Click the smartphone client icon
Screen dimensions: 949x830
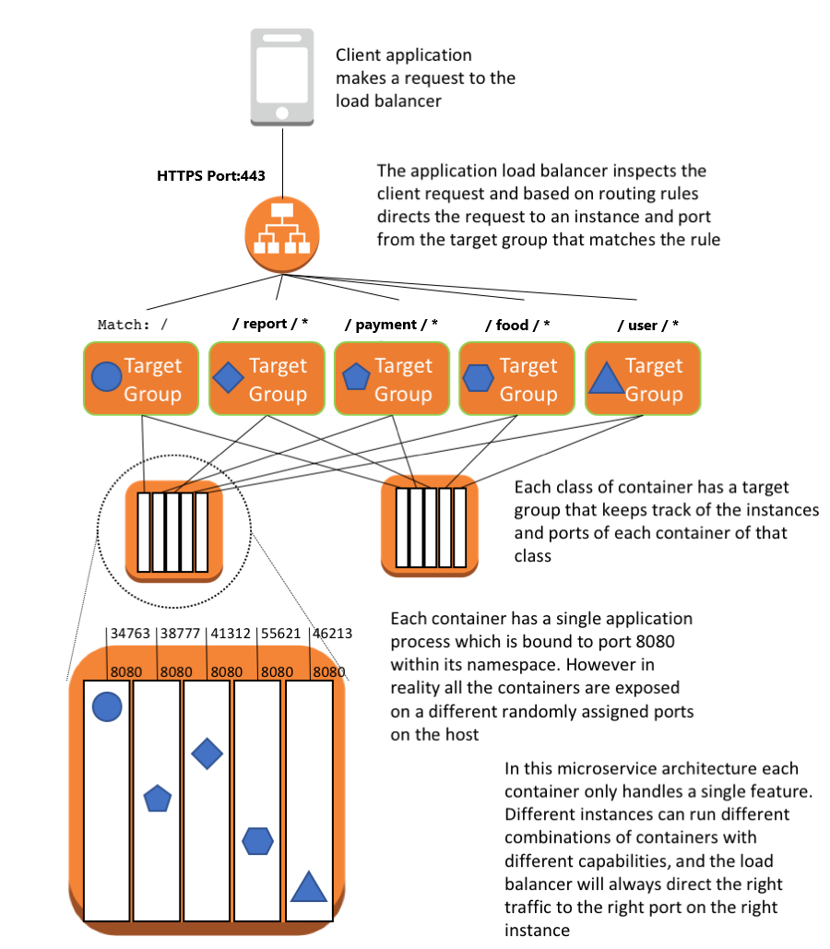[282, 77]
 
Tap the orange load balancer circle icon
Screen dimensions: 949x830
[281, 236]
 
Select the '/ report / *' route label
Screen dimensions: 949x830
[270, 324]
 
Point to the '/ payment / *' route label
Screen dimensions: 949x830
[391, 324]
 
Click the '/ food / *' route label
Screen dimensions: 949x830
[517, 324]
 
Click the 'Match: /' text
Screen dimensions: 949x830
[133, 325]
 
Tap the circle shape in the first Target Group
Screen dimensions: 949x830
[107, 376]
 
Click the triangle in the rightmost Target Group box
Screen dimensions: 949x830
[605, 379]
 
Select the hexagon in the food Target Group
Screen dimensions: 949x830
[478, 377]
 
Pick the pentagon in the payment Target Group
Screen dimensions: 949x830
[356, 377]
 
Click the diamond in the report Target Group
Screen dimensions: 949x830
[229, 377]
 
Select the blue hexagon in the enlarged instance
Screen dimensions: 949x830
[257, 840]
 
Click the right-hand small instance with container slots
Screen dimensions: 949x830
[431, 527]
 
